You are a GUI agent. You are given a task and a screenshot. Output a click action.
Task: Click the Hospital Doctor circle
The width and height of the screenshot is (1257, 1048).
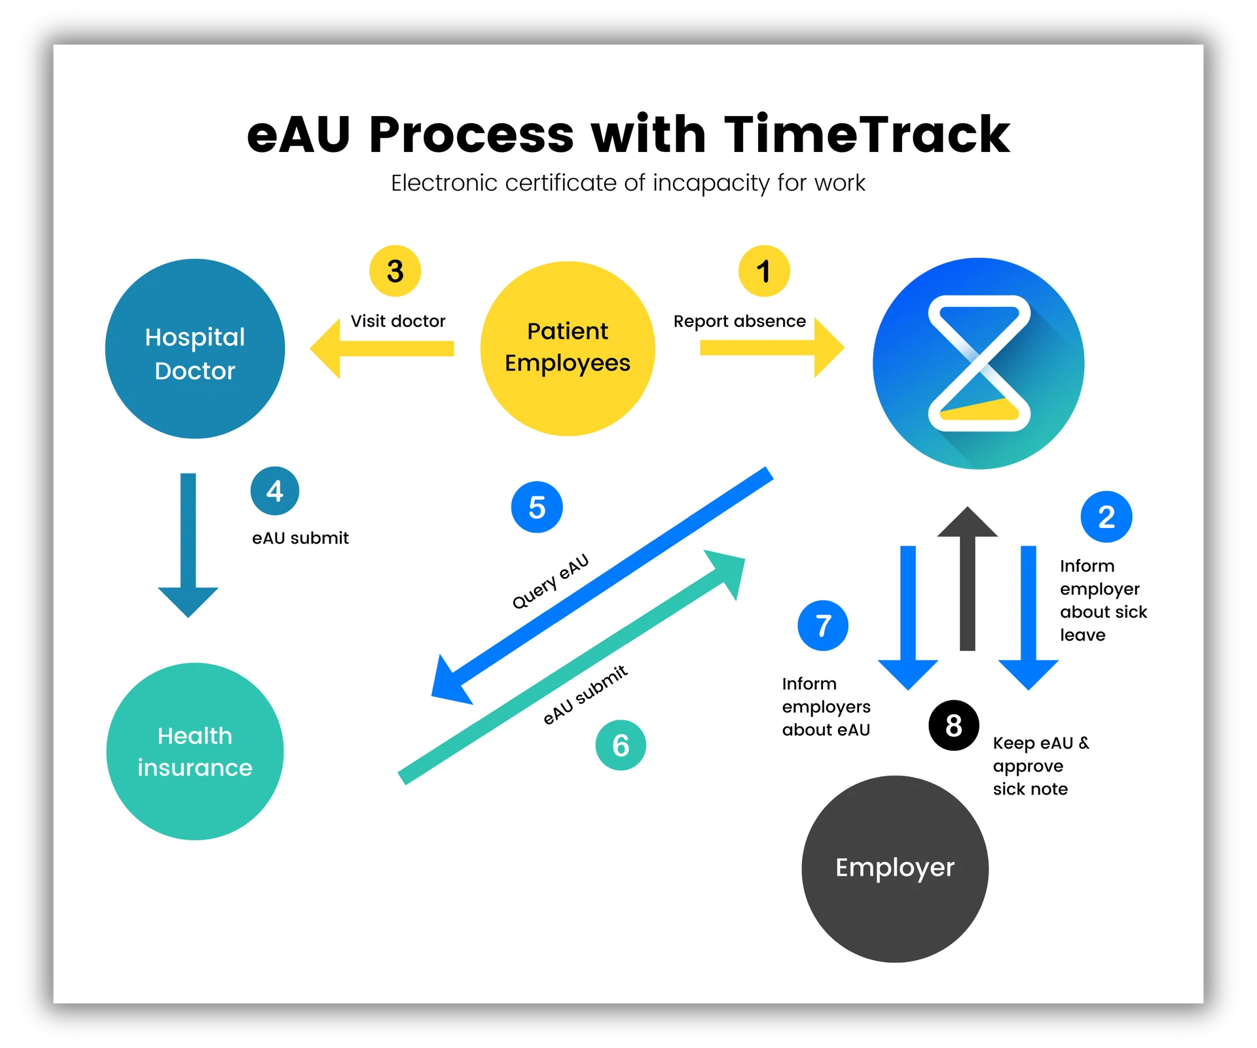point(195,348)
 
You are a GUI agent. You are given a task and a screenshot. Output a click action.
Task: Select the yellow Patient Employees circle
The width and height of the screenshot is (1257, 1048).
point(567,348)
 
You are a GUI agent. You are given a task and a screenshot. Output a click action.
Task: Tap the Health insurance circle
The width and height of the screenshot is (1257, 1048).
point(195,751)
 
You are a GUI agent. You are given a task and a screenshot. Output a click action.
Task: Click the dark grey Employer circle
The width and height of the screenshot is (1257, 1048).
point(894,869)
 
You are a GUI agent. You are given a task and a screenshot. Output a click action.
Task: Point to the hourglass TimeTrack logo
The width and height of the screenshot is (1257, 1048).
point(978,364)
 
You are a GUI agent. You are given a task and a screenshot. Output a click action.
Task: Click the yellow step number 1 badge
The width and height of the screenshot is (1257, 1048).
point(763,271)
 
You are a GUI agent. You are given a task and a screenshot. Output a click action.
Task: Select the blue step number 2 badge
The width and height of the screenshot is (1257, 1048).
point(1106,517)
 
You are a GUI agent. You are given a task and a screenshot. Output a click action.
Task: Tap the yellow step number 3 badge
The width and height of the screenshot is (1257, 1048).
point(395,271)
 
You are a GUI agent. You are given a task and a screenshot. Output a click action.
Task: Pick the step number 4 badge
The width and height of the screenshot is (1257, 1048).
point(275,491)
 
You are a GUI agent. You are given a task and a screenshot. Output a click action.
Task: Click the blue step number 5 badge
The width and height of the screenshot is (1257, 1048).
point(537,507)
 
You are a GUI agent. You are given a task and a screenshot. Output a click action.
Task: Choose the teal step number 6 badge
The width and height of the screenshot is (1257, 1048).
point(620,745)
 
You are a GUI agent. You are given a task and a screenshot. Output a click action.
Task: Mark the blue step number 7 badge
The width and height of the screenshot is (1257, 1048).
point(823,626)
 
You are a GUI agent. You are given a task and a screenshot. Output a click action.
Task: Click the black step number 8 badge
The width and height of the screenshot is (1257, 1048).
point(954,725)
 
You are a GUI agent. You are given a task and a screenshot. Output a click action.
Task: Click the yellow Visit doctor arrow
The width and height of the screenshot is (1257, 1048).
point(382,348)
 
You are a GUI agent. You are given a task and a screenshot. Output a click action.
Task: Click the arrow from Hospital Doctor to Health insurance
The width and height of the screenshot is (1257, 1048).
point(188,544)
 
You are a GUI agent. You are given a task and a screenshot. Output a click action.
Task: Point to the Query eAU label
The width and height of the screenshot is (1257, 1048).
point(550,581)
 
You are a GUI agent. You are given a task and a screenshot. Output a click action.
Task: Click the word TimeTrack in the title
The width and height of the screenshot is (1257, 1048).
point(867,134)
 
